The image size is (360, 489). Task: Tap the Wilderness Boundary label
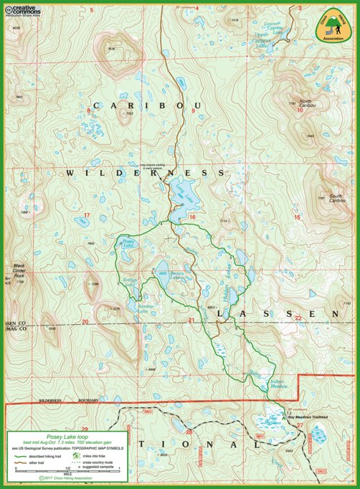pyautogui.click(x=59, y=399)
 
